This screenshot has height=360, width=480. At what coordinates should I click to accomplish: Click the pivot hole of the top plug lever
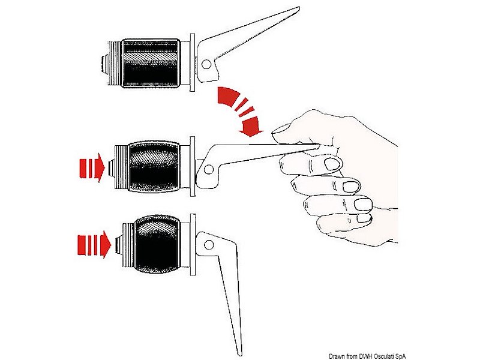206,64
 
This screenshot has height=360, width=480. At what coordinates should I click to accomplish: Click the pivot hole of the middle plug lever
209,169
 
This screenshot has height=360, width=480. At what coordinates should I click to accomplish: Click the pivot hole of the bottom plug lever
209,245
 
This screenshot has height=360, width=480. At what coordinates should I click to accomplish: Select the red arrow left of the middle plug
92,168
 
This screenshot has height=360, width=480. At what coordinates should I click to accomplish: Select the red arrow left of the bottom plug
94,245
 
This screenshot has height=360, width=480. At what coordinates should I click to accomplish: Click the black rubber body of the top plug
151,64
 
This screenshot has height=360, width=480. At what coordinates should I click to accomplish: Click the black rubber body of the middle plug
154,167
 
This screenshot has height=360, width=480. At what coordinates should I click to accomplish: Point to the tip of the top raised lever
298,8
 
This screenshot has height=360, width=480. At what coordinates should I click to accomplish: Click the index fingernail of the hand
332,164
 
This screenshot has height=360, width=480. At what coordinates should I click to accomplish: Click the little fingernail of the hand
364,218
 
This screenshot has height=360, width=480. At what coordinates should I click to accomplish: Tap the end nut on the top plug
103,64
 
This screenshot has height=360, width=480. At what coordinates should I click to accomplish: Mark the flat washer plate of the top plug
193,62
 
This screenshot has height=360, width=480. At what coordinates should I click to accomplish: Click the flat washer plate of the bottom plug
193,244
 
